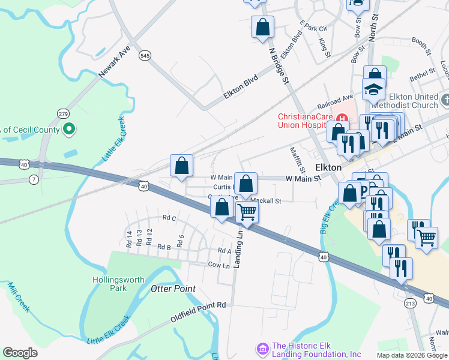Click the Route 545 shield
[144, 55]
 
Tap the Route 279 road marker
[64, 113]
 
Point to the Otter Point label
[172, 289]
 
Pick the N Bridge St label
[280, 67]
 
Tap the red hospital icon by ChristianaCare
[343, 116]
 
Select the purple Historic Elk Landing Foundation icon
[262, 348]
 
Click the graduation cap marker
[373, 90]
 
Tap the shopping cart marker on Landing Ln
[247, 211]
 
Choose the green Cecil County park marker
[69, 129]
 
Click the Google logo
[20, 353]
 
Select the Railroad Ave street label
[336, 99]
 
